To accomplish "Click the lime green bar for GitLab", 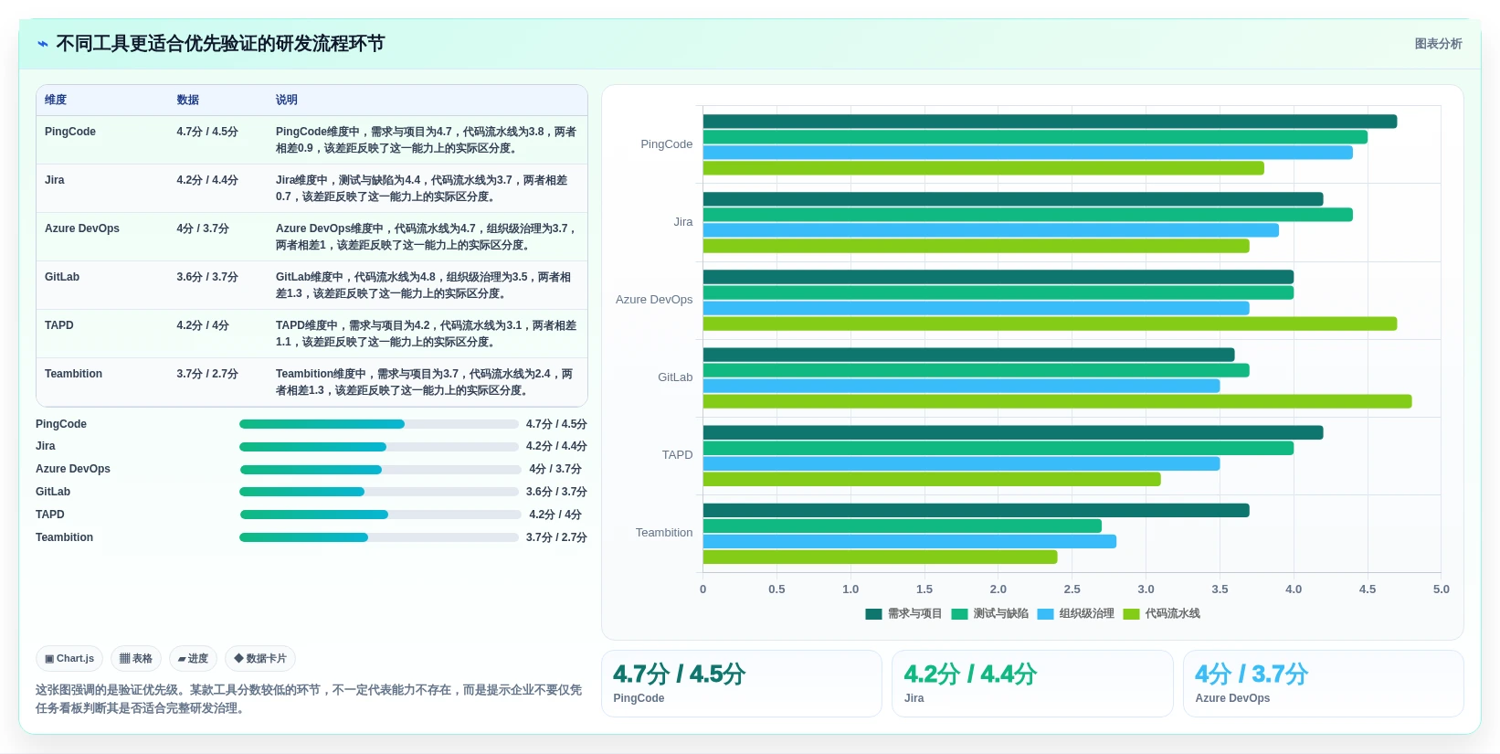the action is [x=1057, y=401].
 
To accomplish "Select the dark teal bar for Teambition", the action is [x=976, y=510].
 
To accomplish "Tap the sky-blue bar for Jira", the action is [x=990, y=230].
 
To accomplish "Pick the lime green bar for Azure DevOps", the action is [x=1050, y=324].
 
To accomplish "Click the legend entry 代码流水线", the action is [x=1162, y=613].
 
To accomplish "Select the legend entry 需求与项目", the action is [x=904, y=613].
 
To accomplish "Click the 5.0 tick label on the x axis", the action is [x=1441, y=589].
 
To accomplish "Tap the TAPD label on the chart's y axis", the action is [x=677, y=454].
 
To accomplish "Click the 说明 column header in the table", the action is [x=286, y=100].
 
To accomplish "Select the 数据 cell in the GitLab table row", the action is [x=207, y=277].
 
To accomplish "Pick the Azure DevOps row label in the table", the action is [x=81, y=228].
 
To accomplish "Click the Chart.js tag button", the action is [x=69, y=658].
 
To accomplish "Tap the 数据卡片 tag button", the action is [x=260, y=658].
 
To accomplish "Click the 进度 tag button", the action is [x=193, y=658].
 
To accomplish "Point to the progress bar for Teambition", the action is [x=379, y=536].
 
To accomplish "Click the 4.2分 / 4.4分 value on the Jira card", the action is [x=970, y=674].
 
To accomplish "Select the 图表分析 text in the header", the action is [x=1438, y=44].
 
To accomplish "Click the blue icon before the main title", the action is [x=43, y=44].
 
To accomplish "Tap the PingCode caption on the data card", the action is [x=639, y=697].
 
